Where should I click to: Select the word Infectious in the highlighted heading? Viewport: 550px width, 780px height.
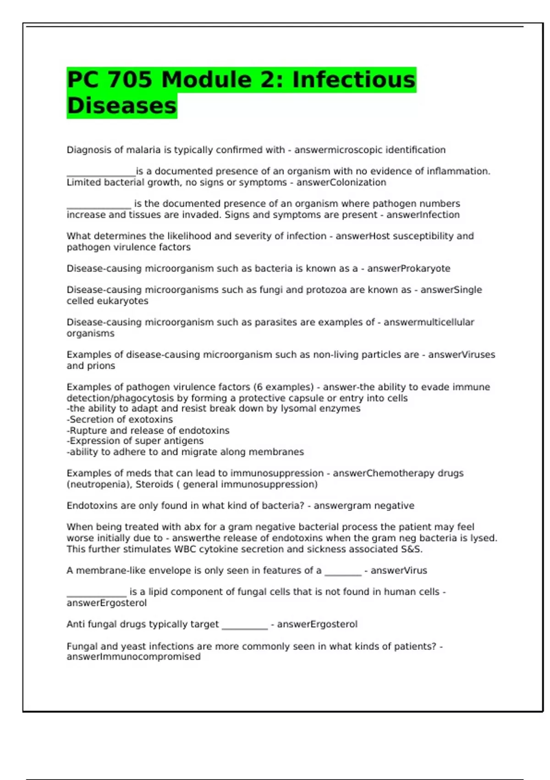point(354,80)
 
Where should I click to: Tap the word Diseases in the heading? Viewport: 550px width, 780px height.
point(121,106)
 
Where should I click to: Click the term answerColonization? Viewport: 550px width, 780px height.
point(341,183)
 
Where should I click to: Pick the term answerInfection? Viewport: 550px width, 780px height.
point(423,215)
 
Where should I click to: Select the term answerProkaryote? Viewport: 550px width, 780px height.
point(408,268)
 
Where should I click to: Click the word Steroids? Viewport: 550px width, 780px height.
point(154,485)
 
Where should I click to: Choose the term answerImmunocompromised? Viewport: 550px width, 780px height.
point(133,657)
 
